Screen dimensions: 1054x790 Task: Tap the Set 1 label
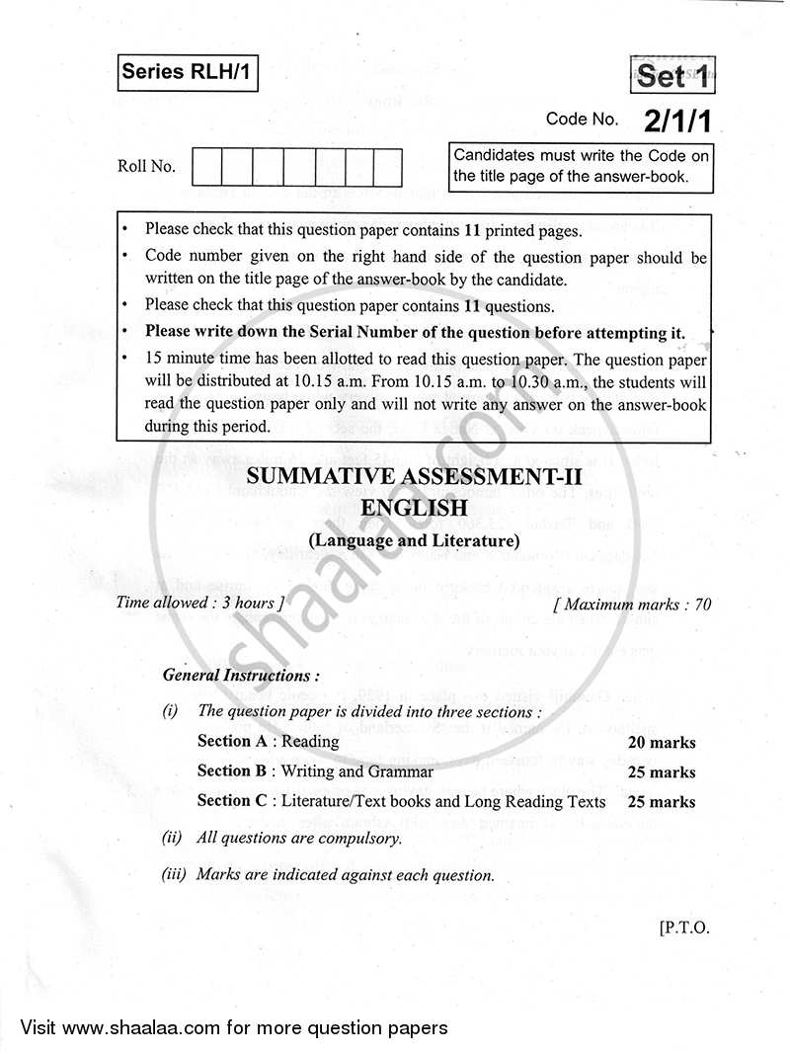(673, 76)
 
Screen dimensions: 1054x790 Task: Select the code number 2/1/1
(677, 121)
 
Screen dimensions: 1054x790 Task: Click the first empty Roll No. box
(206, 167)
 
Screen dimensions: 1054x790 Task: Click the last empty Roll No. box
(386, 167)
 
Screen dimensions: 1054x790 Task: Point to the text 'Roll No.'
(146, 166)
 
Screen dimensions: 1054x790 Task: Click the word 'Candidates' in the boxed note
(496, 155)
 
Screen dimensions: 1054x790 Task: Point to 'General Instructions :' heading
(241, 676)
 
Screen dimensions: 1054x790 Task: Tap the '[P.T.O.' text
(681, 928)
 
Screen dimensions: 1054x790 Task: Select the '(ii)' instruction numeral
(173, 838)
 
